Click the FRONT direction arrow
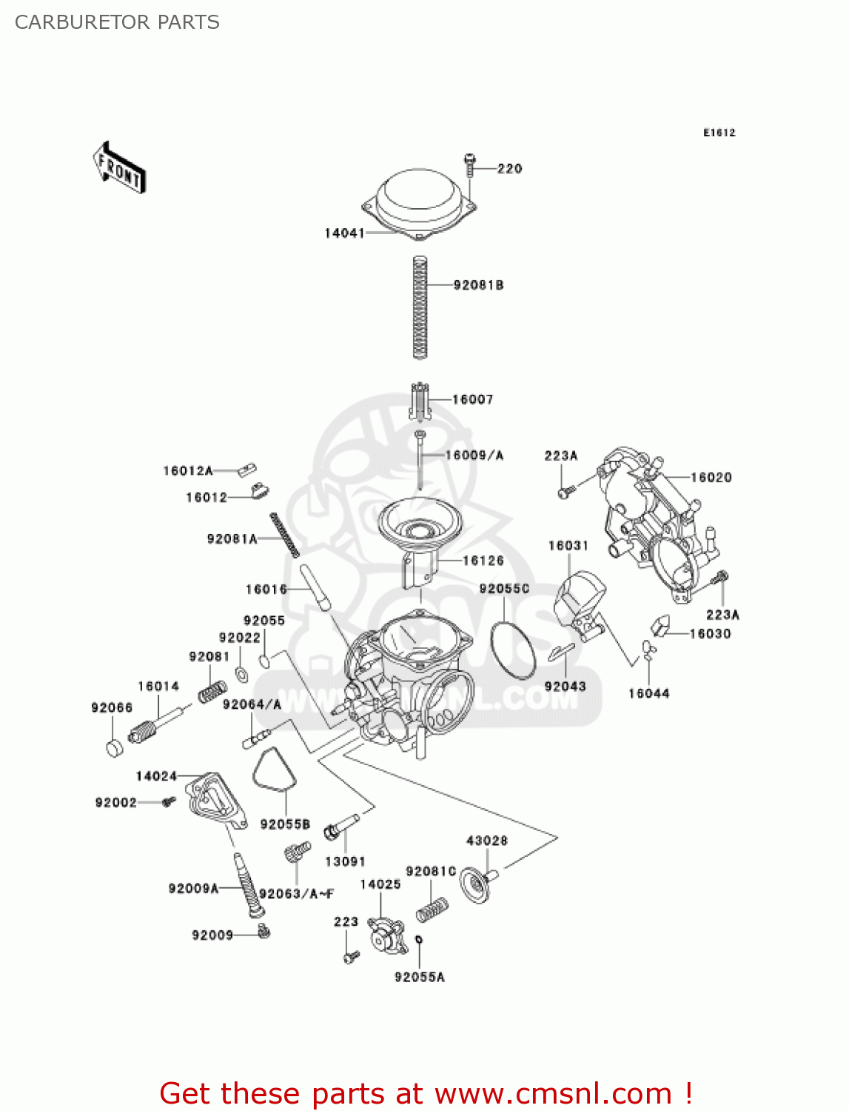coord(119,168)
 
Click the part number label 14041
coord(344,233)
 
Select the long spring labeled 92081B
coord(420,307)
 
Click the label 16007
coord(472,400)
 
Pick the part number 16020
coord(711,478)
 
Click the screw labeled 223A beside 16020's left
coord(565,490)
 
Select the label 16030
coord(710,634)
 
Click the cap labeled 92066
coord(114,747)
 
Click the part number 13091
coord(345,861)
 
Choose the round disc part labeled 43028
coord(476,884)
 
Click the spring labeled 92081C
coord(432,910)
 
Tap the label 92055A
coord(419,978)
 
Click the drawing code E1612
coord(719,133)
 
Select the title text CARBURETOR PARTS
coord(117,22)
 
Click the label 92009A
coord(193,889)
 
